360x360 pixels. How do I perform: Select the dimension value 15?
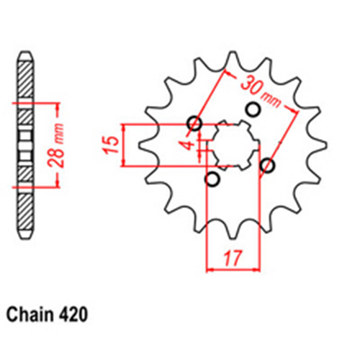(x=109, y=145)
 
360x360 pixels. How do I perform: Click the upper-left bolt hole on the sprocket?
(x=194, y=122)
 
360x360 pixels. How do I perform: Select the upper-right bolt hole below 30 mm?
(x=252, y=109)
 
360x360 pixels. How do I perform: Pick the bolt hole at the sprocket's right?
(x=268, y=166)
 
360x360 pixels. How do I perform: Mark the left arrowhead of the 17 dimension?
(x=211, y=271)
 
